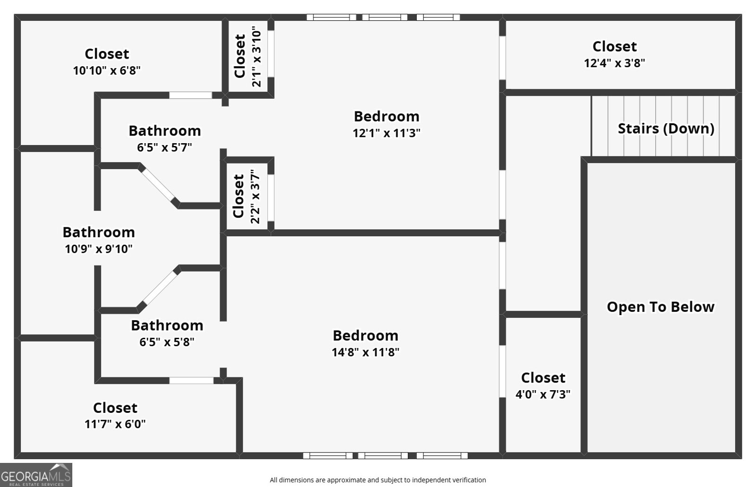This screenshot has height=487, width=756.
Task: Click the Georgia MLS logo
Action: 36,474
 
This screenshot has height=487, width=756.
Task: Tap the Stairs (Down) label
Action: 666,128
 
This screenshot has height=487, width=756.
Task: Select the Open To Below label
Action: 660,307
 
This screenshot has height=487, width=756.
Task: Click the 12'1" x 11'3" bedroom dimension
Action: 387,133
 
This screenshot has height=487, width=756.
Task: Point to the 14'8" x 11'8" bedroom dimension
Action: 365,352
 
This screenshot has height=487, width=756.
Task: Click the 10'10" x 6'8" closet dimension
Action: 107,71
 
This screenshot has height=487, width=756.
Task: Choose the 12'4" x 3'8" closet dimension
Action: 614,63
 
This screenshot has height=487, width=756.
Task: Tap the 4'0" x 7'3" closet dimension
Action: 542,394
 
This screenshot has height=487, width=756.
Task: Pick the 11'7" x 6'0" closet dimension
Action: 115,424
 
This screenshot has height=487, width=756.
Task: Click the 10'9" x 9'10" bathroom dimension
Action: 98,249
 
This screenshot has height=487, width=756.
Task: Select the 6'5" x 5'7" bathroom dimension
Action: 164,148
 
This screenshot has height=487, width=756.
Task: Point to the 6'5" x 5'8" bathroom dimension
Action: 166,342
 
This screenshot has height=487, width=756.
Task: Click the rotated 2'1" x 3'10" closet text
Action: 256,56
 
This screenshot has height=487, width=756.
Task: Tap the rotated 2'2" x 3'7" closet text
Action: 255,197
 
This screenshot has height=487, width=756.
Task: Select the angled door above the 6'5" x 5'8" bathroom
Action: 159,288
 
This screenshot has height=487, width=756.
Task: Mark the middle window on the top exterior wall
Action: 384,17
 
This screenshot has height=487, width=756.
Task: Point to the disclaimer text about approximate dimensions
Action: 378,480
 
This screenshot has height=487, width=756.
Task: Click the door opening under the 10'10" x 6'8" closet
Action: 190,95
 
